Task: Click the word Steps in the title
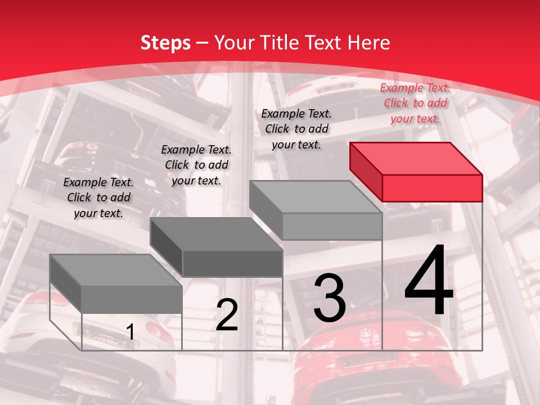click(x=165, y=43)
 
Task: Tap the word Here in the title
click(x=369, y=43)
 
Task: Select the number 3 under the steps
click(x=329, y=298)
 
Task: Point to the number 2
click(x=227, y=315)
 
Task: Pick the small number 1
click(x=130, y=332)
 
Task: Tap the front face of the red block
click(x=432, y=188)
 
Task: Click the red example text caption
click(x=415, y=103)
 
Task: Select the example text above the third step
click(x=296, y=129)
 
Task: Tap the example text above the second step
click(x=196, y=165)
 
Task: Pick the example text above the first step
click(x=98, y=197)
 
